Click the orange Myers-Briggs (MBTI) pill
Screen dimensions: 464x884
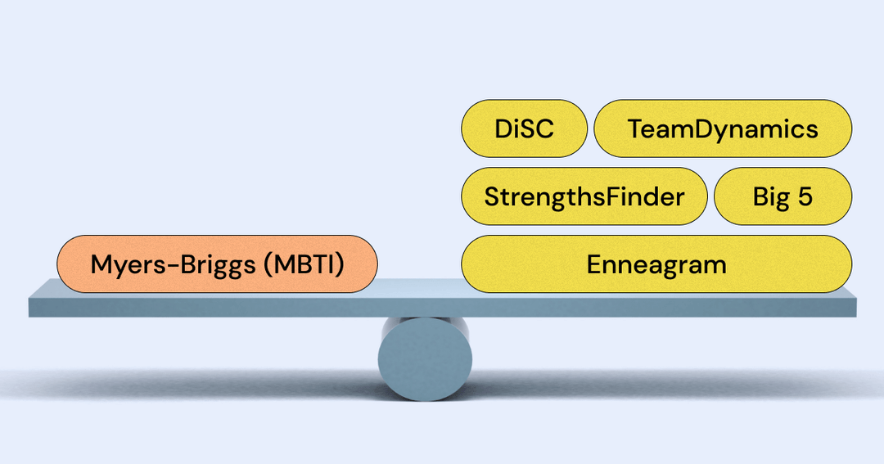coord(217,264)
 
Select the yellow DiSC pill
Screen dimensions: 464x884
coord(525,128)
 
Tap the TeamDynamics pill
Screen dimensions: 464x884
coord(723,128)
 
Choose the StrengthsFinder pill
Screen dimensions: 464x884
coord(584,196)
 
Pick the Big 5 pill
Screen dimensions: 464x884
coord(783,196)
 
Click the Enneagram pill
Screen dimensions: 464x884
coord(656,264)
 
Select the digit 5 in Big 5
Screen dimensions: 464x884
coord(805,196)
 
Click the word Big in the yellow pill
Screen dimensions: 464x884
coord(769,196)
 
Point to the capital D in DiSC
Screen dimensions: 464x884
coord(503,128)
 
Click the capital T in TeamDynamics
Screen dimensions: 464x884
coord(635,128)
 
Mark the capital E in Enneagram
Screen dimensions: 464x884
coord(593,264)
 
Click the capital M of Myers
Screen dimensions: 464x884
coord(100,264)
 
